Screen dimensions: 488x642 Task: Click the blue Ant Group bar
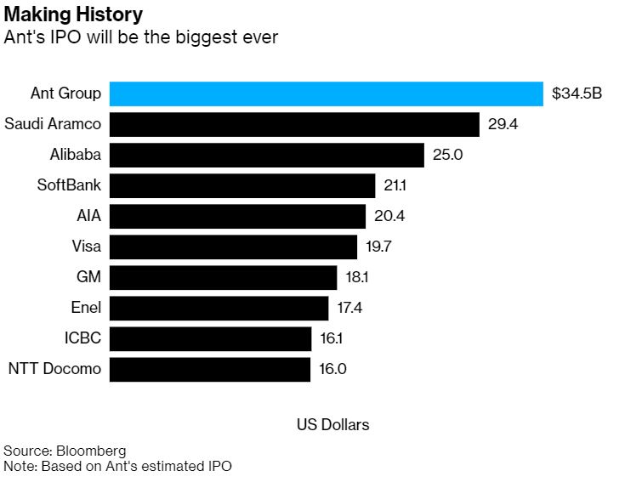[x=327, y=94]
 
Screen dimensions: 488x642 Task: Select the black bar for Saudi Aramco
[x=294, y=124]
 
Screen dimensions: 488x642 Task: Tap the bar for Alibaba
[x=267, y=155]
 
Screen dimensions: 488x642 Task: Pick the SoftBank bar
[x=242, y=185]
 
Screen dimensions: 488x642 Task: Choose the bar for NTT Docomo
[x=210, y=369]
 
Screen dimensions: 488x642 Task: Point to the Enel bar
[x=219, y=308]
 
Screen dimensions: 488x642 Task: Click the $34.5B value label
[x=577, y=94]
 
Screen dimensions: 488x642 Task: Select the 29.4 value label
[x=503, y=124]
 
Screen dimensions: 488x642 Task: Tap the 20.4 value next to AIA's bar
[x=389, y=216]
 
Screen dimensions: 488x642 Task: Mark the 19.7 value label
[x=380, y=247]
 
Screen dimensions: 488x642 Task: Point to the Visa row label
[x=87, y=247]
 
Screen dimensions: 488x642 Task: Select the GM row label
[x=89, y=277]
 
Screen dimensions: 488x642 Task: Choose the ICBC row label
[x=82, y=338]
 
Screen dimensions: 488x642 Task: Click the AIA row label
[x=89, y=216]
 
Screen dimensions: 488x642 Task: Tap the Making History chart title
[x=73, y=15]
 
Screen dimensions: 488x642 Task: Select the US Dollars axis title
[x=332, y=424]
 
